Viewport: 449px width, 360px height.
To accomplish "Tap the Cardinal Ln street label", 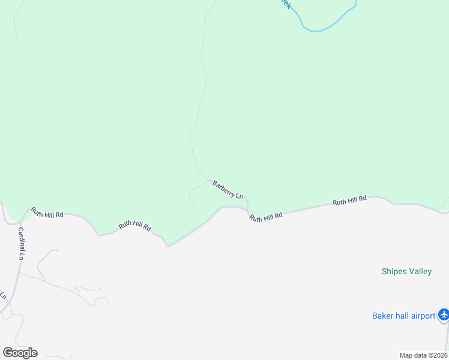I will coord(21,243).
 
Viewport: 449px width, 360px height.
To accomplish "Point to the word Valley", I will coord(420,272).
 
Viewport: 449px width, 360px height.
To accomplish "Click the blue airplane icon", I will coord(444,314).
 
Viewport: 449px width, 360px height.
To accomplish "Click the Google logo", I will coord(20,353).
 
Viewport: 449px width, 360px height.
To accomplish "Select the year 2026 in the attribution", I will coord(439,355).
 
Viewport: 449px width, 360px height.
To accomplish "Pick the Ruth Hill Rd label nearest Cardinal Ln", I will coord(47,212).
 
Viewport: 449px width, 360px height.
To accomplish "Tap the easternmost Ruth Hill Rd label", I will coord(349,200).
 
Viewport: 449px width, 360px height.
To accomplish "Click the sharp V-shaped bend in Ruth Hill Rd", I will coord(168,245).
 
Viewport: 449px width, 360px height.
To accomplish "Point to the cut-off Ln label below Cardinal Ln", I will coord(3,295).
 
